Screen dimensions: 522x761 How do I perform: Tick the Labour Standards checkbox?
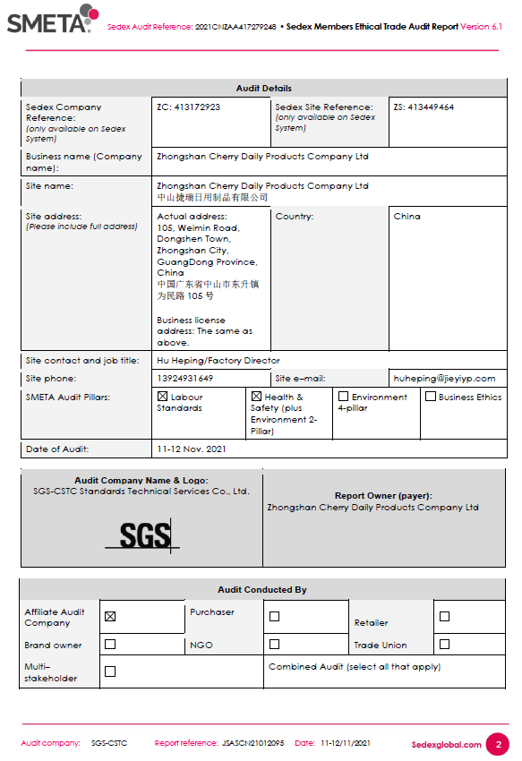click(162, 397)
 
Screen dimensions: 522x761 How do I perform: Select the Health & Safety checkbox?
click(256, 397)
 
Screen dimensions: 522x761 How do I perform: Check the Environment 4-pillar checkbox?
click(343, 397)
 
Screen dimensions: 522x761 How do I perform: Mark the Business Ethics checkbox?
click(431, 397)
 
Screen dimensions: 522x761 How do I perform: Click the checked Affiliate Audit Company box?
click(110, 616)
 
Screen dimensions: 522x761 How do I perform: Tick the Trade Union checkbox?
click(444, 644)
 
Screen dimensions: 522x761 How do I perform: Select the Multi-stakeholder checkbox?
click(110, 671)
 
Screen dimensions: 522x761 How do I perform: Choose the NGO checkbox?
click(274, 644)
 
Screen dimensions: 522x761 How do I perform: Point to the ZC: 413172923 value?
click(188, 107)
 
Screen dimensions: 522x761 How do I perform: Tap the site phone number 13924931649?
click(184, 379)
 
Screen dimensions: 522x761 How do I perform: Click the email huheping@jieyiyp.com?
click(444, 379)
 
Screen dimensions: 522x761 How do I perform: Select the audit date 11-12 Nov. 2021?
click(191, 449)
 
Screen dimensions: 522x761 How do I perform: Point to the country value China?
click(406, 217)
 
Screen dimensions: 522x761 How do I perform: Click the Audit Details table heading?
click(263, 89)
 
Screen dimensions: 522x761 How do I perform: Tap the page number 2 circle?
click(497, 744)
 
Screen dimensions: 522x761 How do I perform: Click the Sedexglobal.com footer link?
click(446, 744)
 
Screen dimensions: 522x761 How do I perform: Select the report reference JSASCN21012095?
click(253, 743)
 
